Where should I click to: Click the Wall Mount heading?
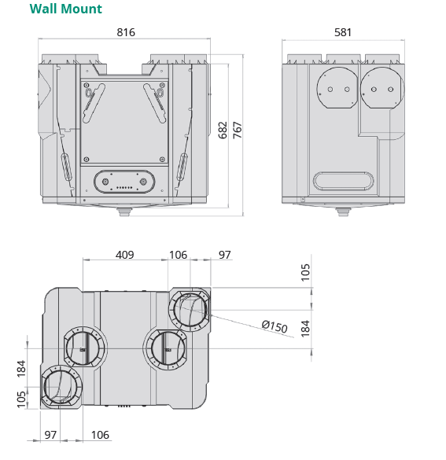[65, 9]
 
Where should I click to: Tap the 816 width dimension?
[126, 32]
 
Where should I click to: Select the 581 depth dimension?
[342, 32]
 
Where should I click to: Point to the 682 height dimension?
[223, 131]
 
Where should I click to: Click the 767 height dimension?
[237, 131]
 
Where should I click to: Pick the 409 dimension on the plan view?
[124, 255]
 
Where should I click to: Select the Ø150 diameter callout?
[275, 327]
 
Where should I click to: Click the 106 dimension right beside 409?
[179, 255]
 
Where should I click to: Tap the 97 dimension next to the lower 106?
[50, 435]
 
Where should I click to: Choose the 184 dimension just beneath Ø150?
[306, 326]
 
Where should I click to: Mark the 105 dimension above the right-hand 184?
[306, 272]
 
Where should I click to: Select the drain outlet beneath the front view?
[123, 212]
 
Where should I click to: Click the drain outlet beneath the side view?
[342, 212]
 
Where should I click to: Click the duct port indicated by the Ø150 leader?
[189, 311]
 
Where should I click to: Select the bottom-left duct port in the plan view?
[61, 387]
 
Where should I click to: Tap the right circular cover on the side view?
[379, 90]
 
